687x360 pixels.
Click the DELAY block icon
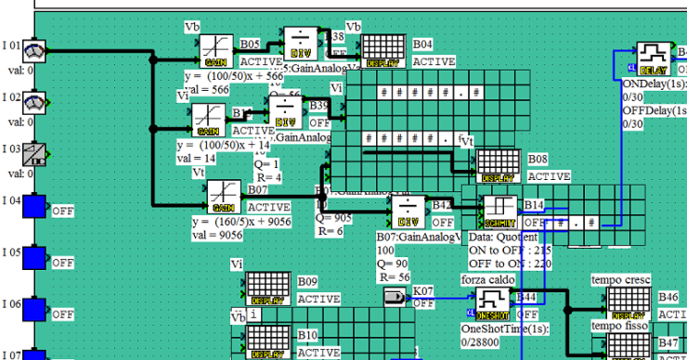click(x=654, y=58)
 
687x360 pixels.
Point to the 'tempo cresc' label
click(x=621, y=279)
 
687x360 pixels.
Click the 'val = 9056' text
click(x=217, y=236)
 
